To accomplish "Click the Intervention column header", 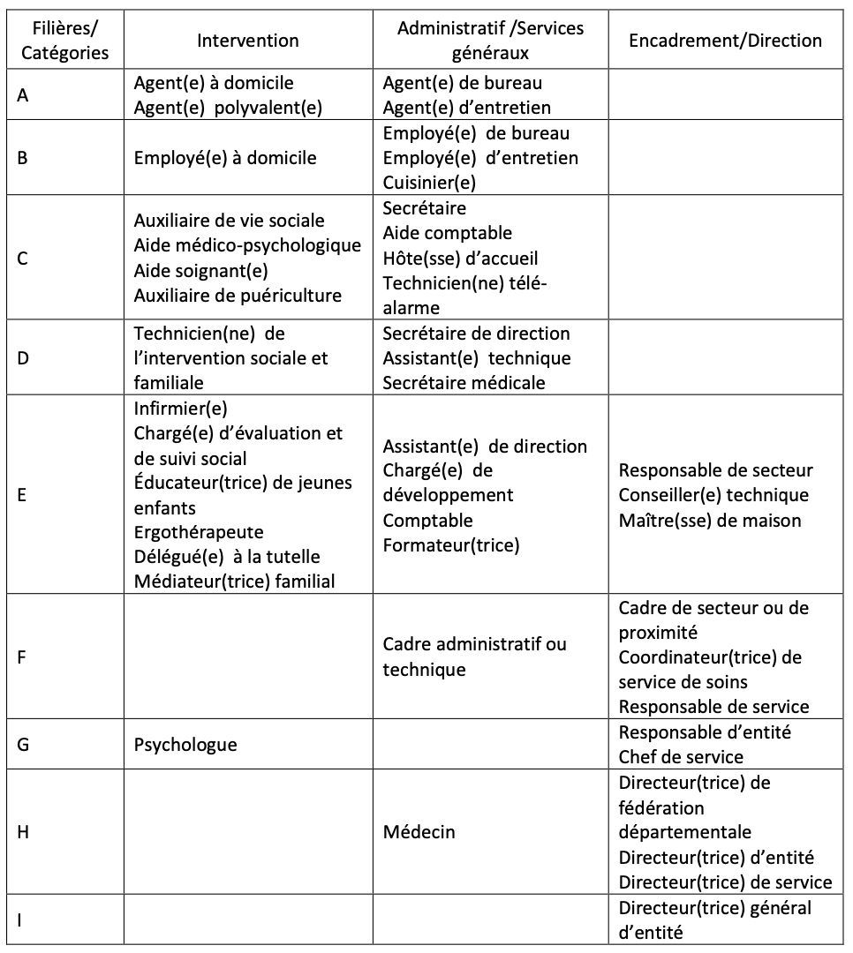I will (247, 41).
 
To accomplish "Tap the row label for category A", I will (23, 95).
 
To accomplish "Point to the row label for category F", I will (23, 657).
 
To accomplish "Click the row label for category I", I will (20, 920).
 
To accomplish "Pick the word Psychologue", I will (185, 744).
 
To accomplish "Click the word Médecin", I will (419, 831).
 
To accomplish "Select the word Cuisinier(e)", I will (429, 183).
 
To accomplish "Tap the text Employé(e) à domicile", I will (225, 158).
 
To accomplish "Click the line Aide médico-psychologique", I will (247, 245).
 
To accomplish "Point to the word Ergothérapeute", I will (199, 532).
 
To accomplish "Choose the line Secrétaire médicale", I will (464, 382).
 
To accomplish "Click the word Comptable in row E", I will (427, 521).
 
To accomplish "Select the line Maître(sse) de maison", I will (710, 521).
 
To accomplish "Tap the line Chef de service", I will (681, 756).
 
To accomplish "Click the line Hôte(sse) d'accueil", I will (460, 259).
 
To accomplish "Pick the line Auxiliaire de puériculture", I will (238, 295).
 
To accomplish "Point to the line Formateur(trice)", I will (451, 545).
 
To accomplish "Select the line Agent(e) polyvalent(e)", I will (228, 108).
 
